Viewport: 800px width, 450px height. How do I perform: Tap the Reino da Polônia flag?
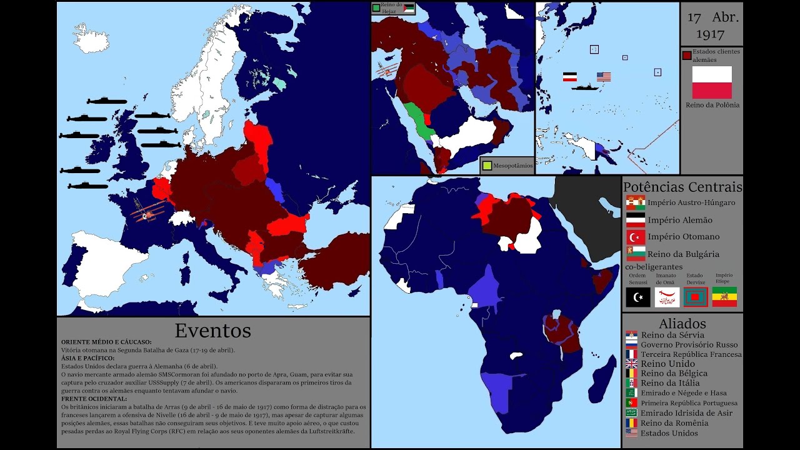click(x=711, y=82)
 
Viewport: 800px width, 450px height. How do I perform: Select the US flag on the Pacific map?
click(x=603, y=77)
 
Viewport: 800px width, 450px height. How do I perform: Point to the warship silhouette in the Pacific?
click(x=586, y=87)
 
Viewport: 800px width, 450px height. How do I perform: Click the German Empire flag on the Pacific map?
click(x=569, y=77)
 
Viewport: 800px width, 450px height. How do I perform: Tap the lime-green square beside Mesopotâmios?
click(x=486, y=166)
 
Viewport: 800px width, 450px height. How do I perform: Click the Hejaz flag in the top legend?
click(x=408, y=8)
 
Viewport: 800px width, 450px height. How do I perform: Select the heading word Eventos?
click(x=212, y=330)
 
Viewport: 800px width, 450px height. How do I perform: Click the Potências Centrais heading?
click(x=682, y=187)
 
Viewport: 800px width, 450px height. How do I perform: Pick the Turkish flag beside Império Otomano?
click(x=635, y=237)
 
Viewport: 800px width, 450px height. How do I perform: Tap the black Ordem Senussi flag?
click(x=637, y=297)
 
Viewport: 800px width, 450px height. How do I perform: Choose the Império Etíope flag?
click(x=724, y=297)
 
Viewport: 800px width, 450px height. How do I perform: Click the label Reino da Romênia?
click(x=674, y=423)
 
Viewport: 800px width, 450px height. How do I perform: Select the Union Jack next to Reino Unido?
click(x=631, y=364)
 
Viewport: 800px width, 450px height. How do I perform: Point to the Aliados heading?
click(x=682, y=324)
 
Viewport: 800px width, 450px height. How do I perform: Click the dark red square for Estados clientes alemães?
click(x=687, y=56)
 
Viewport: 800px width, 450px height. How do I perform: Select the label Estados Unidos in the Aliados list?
click(x=669, y=433)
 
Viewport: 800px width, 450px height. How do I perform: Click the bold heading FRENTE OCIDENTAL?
click(x=94, y=399)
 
